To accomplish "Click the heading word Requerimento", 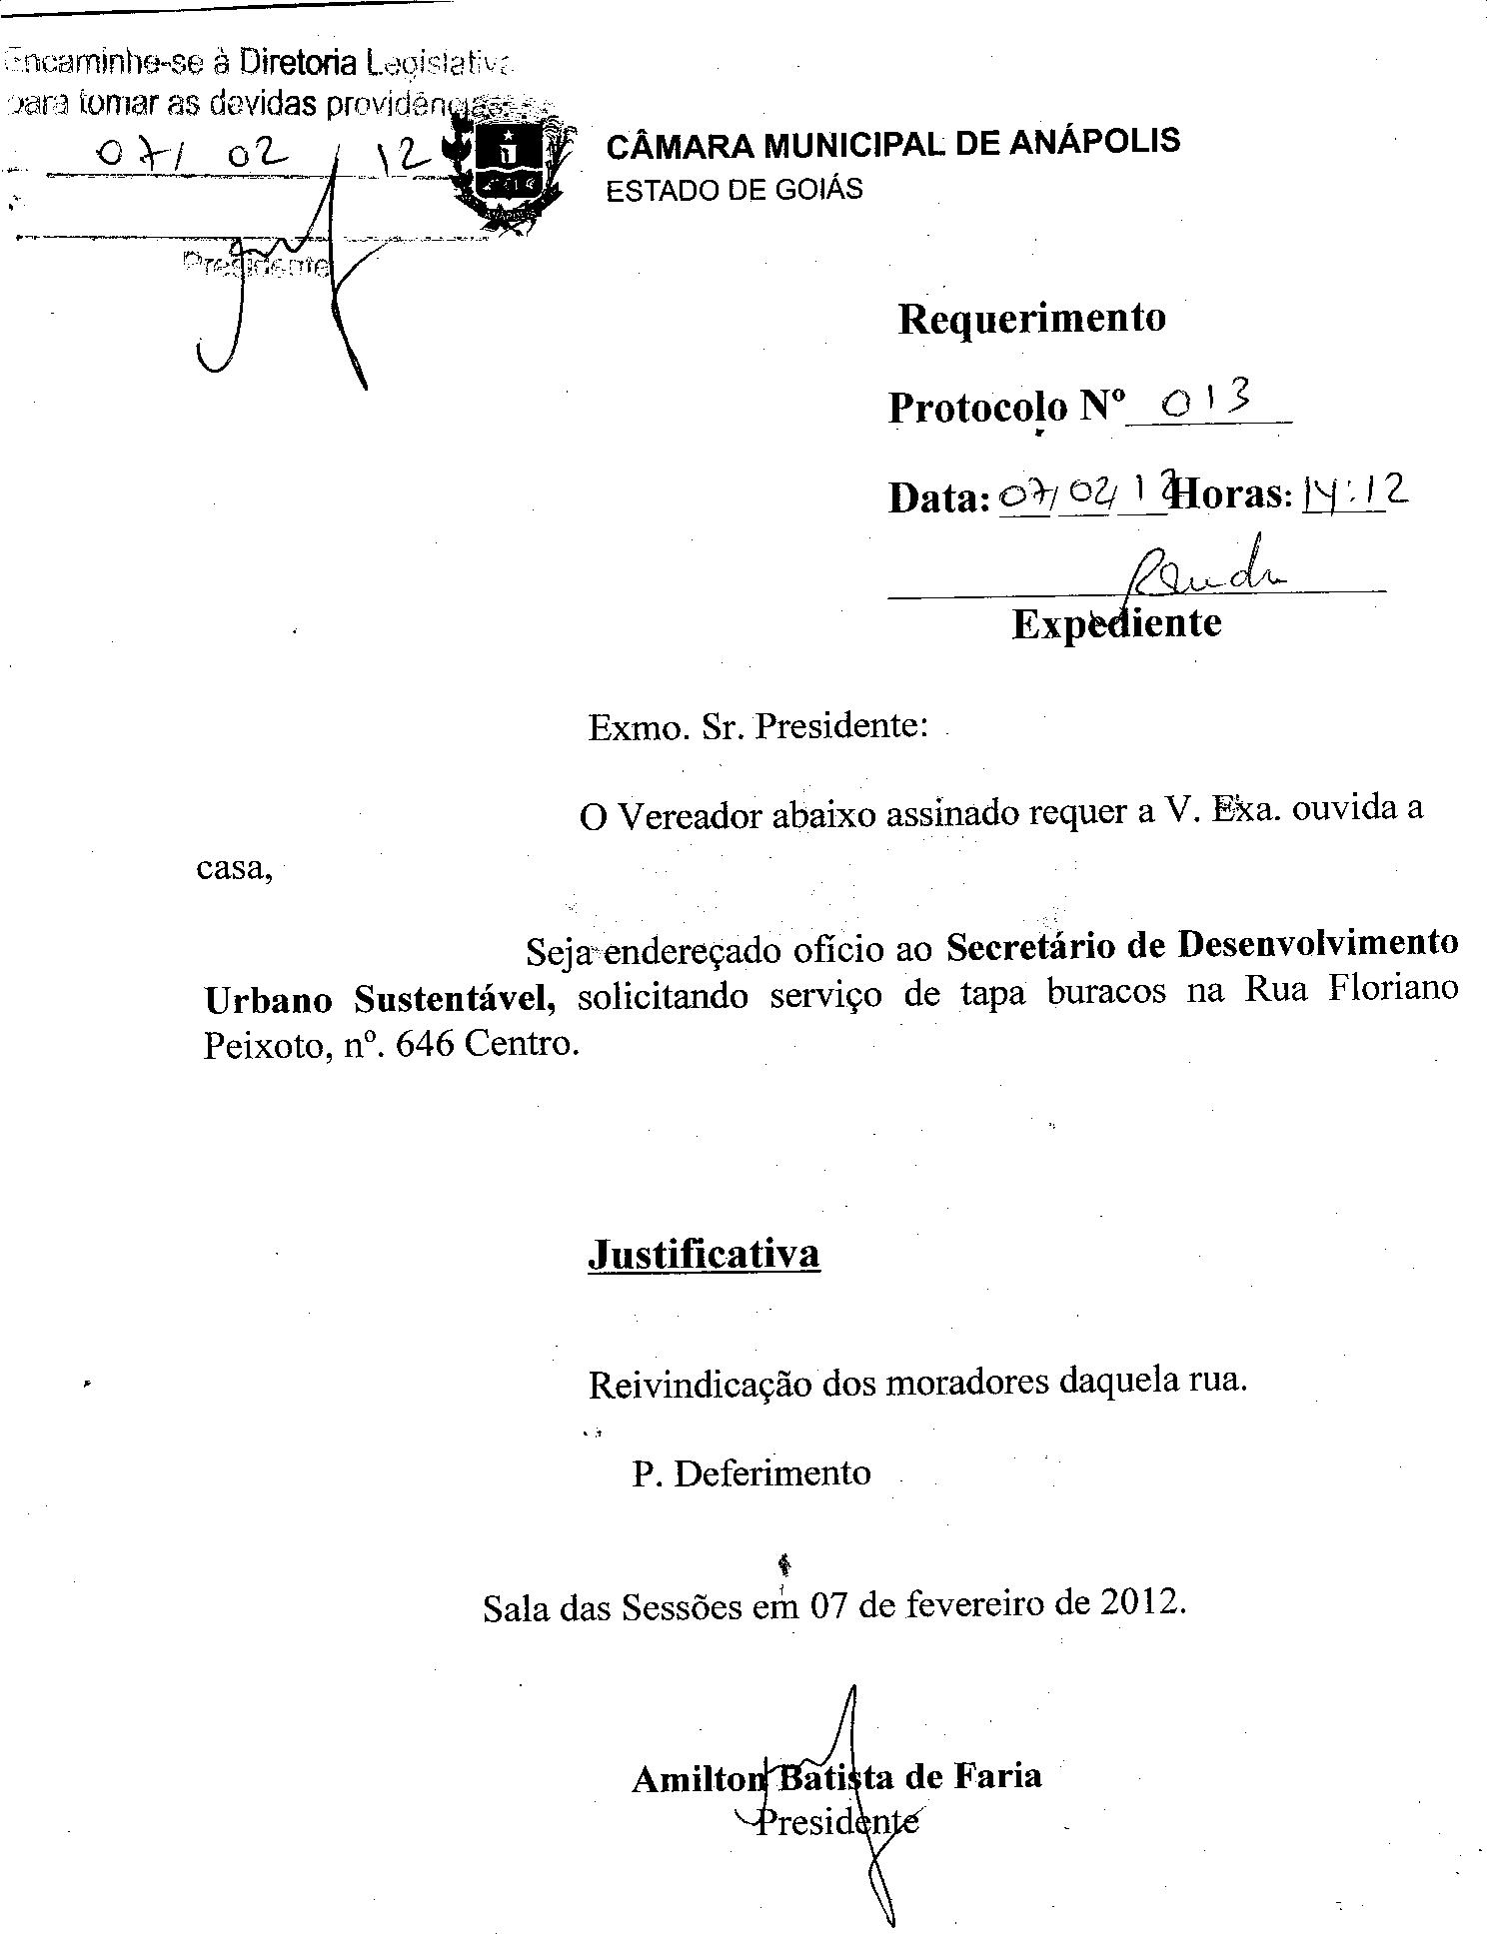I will tap(1031, 319).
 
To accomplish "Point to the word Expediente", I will tap(1116, 623).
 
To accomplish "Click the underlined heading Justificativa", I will tap(704, 1253).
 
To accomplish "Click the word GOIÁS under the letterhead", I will tap(818, 190).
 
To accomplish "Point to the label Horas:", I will tap(1234, 494).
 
